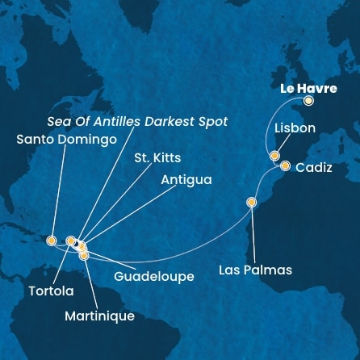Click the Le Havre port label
point(308,88)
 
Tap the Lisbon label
point(295,128)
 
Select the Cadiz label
point(313,168)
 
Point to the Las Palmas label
point(255,270)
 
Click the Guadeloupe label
point(153,276)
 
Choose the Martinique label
point(99,316)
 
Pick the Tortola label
point(52,291)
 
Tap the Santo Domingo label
point(66,139)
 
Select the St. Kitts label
point(157,158)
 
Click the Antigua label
point(186,180)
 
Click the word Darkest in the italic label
point(169,121)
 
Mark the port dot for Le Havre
point(308,102)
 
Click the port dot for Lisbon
point(275,156)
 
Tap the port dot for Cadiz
point(285,166)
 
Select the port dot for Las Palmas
point(252,203)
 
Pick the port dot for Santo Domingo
point(51,240)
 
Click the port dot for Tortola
point(71,240)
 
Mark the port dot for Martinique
point(84,256)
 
